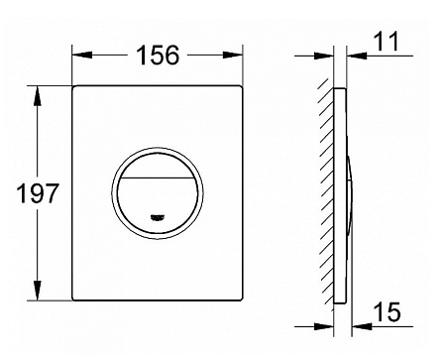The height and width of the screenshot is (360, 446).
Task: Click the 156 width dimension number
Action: (x=158, y=55)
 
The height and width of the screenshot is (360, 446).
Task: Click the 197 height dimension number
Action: (x=38, y=193)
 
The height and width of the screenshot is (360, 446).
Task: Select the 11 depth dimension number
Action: (x=387, y=42)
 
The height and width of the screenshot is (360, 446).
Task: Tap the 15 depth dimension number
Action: (x=387, y=311)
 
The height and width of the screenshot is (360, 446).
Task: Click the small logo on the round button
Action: (x=158, y=217)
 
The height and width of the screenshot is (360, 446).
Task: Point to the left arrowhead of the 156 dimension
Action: (x=82, y=55)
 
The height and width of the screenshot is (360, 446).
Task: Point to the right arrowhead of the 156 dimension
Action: (x=233, y=55)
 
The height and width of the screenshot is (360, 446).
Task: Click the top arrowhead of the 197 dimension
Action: (x=38, y=96)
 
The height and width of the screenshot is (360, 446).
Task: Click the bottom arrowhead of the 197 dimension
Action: (x=38, y=291)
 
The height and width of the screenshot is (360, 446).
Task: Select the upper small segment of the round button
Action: (x=158, y=166)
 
